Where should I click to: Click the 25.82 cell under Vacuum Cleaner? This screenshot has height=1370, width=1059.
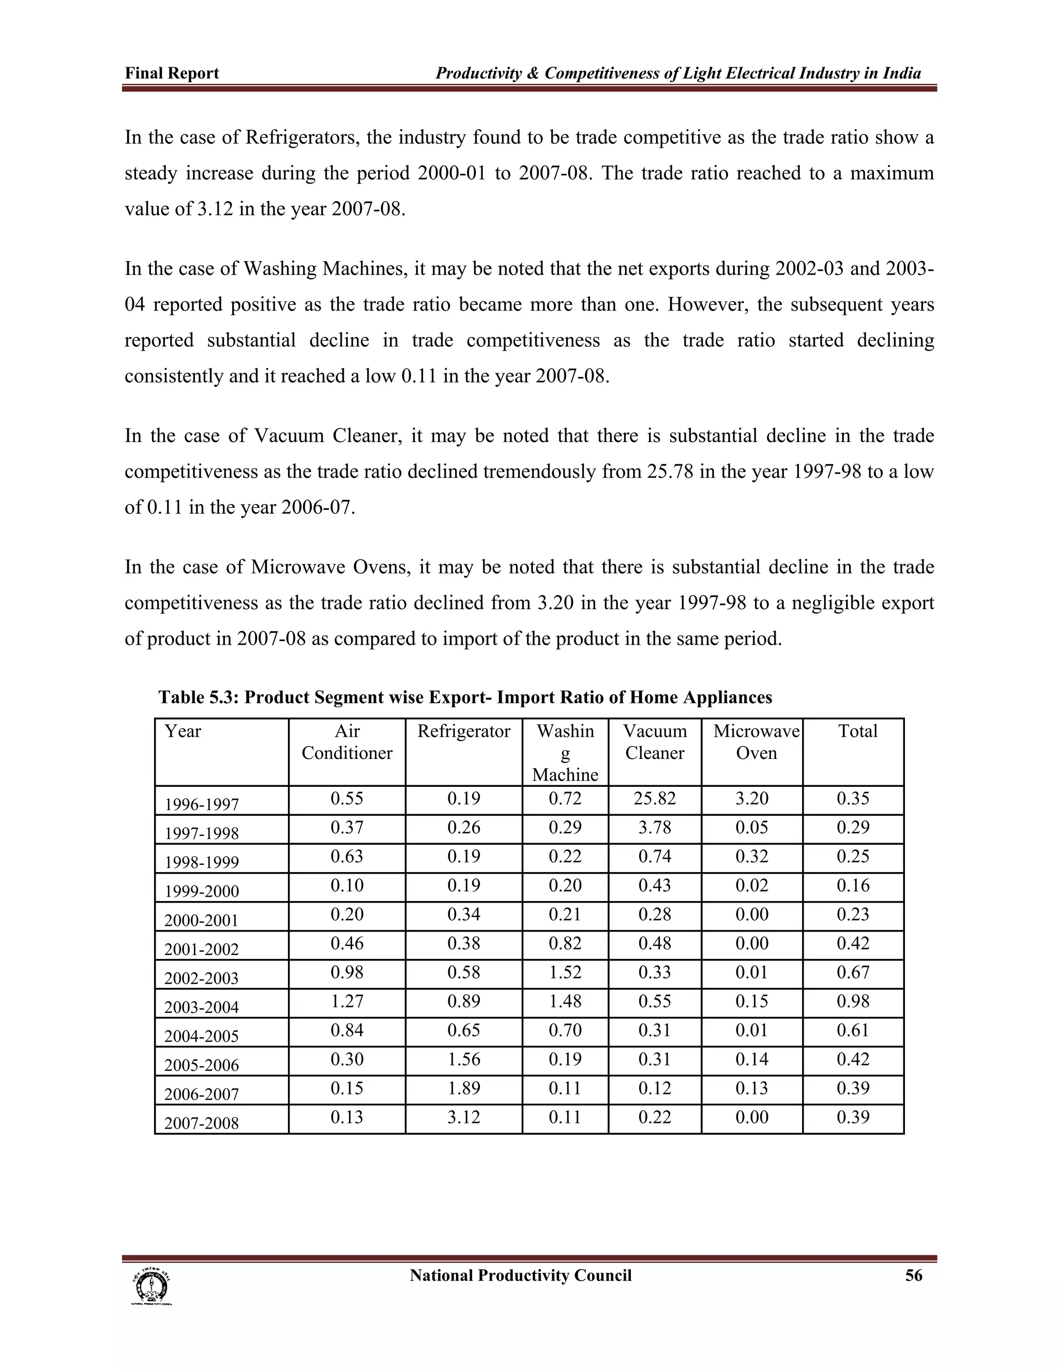coord(654,799)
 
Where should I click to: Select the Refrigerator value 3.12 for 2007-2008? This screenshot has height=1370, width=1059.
coord(464,1117)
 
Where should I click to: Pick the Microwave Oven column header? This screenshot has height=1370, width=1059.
coord(756,742)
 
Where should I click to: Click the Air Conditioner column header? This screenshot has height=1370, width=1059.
coord(347,742)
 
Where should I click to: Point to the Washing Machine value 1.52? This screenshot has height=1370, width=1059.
coord(565,972)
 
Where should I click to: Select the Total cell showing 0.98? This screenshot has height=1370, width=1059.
coord(853,1001)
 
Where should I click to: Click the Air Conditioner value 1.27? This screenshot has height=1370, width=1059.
coord(347,1001)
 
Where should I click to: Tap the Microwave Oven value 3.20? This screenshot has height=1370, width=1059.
coord(751,799)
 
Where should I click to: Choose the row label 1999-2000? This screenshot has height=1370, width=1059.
coord(201,891)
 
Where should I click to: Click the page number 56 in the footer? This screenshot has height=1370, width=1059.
coord(914,1276)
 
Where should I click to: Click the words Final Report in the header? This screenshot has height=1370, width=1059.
coord(172,73)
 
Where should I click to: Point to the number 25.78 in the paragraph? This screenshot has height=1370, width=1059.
coord(670,471)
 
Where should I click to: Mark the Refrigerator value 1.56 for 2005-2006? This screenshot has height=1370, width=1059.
coord(464,1059)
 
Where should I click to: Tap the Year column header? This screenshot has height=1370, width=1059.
coord(183,732)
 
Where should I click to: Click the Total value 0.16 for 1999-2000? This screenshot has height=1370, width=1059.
coord(853,885)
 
